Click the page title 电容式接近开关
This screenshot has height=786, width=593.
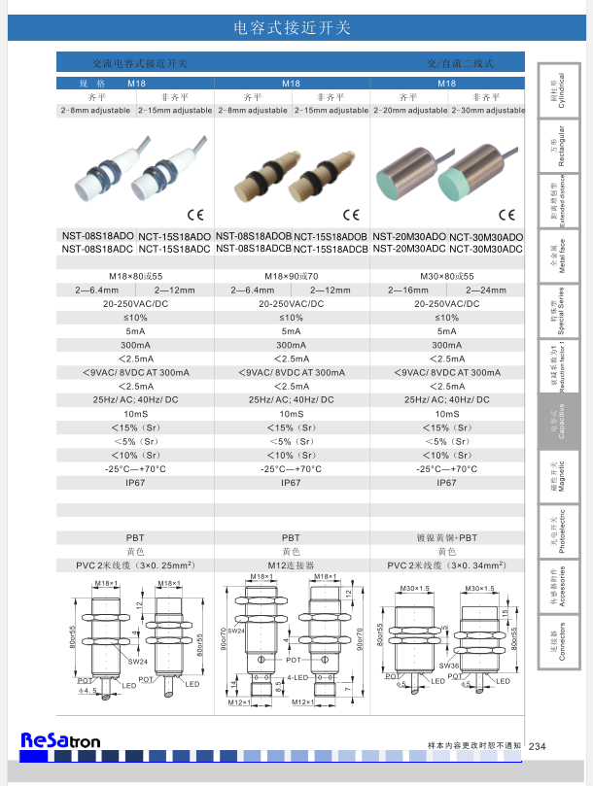[292, 28]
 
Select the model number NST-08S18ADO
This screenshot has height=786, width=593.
[98, 236]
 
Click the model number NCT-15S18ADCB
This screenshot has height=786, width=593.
[331, 249]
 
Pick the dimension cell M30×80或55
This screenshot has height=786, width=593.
[447, 277]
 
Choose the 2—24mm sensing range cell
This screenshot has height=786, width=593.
[487, 290]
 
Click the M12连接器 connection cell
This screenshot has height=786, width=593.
[291, 564]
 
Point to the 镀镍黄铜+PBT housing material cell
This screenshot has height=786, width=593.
[447, 537]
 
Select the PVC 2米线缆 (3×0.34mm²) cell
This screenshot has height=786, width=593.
[447, 564]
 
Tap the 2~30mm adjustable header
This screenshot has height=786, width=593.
[487, 111]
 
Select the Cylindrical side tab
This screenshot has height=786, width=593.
[560, 90]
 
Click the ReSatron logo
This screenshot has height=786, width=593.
[60, 741]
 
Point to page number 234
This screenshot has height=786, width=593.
[538, 745]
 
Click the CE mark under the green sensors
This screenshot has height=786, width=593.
[506, 215]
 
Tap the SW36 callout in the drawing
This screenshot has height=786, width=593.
[448, 666]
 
